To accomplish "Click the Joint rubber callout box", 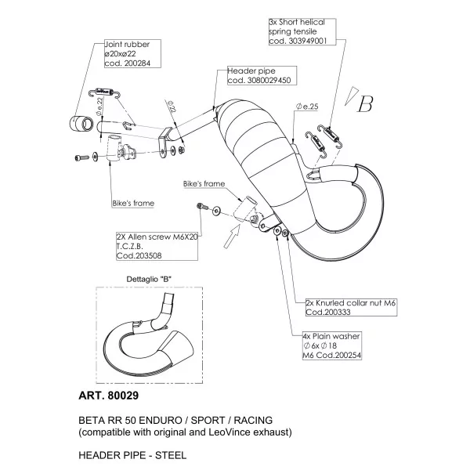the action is (x=132, y=53).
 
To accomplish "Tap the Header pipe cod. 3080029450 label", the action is (x=262, y=75).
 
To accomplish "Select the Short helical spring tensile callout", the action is (x=302, y=31).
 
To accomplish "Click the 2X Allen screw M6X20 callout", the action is (x=157, y=246).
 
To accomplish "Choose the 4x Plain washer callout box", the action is (x=332, y=345).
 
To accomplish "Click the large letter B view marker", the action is (x=365, y=104).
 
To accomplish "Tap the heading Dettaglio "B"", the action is (x=149, y=279).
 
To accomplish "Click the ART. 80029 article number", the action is (x=109, y=396).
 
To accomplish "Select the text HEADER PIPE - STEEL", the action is (x=132, y=455).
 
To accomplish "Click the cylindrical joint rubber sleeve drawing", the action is (x=81, y=123).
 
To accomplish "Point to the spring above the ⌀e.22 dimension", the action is (x=105, y=92).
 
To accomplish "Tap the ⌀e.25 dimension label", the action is (x=307, y=107).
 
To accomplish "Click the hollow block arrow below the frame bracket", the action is (x=232, y=237).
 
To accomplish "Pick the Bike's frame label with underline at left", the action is (x=133, y=203).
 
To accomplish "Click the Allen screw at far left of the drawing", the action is (x=81, y=157).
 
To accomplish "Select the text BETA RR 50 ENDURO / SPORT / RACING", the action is (x=175, y=420).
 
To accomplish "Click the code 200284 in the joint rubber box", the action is (x=136, y=63).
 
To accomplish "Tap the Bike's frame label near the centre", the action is (x=204, y=184).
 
